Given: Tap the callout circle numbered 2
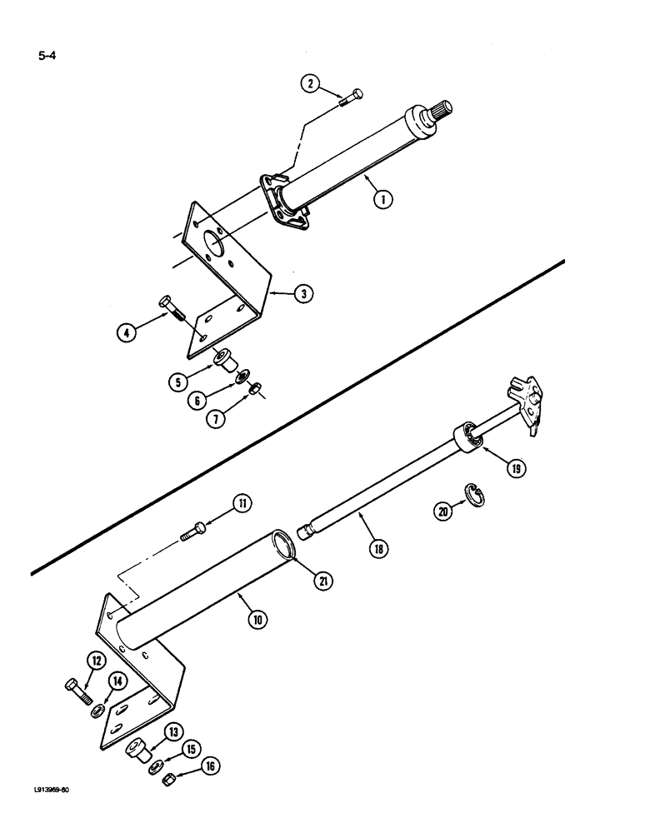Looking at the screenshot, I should [310, 83].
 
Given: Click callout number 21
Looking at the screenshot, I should [320, 581].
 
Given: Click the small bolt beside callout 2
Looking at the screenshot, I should [352, 97].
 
